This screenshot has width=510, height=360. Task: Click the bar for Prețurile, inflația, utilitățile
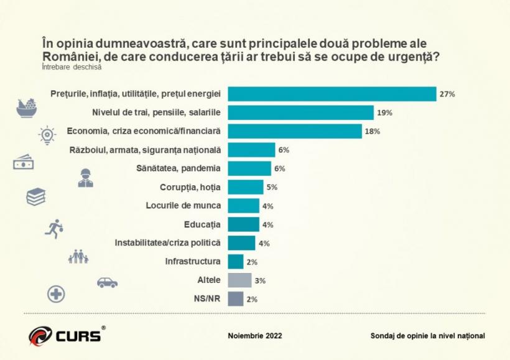pyautogui.click(x=331, y=94)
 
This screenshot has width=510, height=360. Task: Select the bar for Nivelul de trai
pyautogui.click(x=300, y=113)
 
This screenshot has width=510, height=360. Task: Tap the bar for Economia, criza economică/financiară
pyautogui.click(x=295, y=131)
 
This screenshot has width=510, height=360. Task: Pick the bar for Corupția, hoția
pyautogui.click(x=246, y=187)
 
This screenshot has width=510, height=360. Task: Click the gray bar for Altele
pyautogui.click(x=239, y=280)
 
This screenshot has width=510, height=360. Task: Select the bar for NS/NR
pyautogui.click(x=236, y=299)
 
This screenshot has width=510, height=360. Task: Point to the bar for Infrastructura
pyautogui.click(x=236, y=262)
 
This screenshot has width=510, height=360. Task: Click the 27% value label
pyautogui.click(x=448, y=95)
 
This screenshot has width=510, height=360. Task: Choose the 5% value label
pyautogui.click(x=272, y=188)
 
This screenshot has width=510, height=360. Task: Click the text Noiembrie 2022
pyautogui.click(x=255, y=336)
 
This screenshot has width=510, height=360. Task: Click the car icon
pyautogui.click(x=107, y=282)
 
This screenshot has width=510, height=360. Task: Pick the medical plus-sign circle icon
pyautogui.click(x=57, y=294)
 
